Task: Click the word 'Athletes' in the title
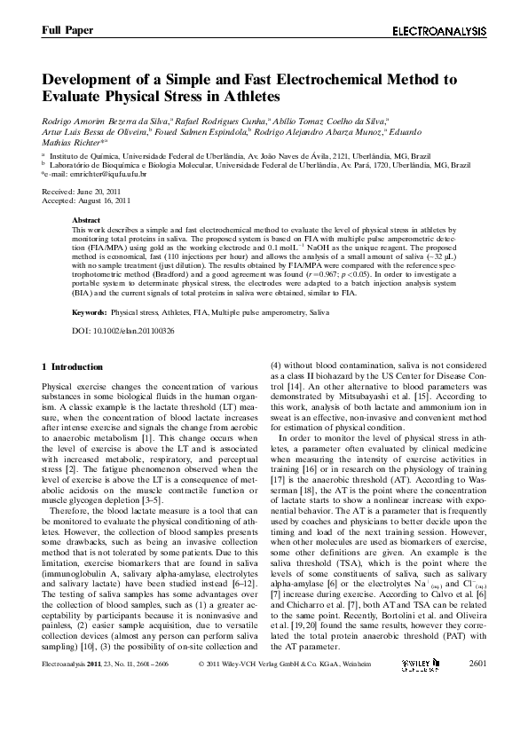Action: [248, 96]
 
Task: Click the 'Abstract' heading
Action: [85, 220]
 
